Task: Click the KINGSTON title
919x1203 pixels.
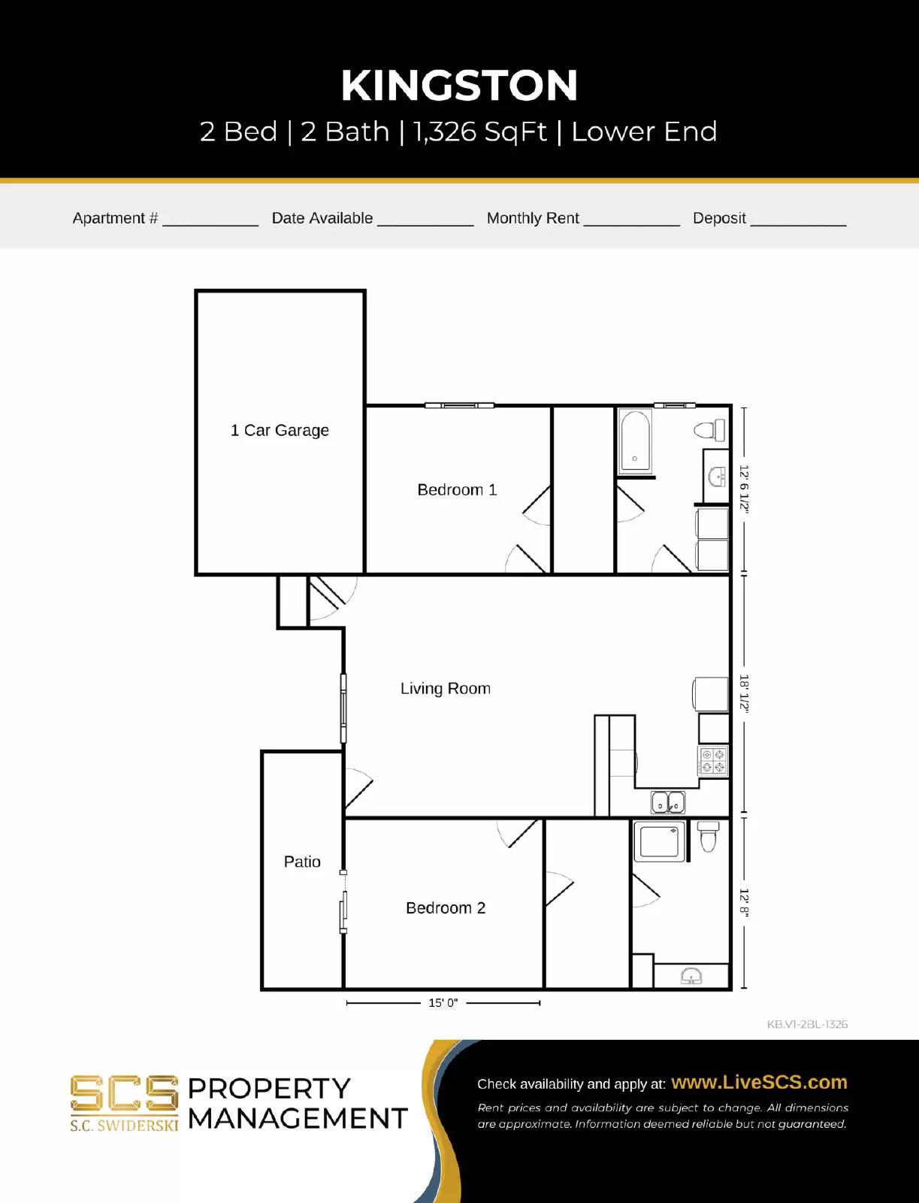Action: point(459,86)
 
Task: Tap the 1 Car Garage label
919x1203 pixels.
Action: point(280,430)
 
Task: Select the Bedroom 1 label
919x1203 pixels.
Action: point(457,490)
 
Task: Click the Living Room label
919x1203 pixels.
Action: point(445,689)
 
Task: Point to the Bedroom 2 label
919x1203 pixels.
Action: point(446,908)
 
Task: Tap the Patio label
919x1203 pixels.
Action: point(302,862)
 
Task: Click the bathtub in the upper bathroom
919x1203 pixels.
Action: point(636,441)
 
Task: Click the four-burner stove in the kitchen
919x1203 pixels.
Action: point(712,761)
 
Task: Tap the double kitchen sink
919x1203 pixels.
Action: point(668,802)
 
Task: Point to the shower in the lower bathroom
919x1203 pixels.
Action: point(660,841)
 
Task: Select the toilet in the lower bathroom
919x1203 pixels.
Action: point(709,836)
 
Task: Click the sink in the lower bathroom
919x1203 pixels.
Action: point(691,977)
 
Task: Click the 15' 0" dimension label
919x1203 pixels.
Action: point(443,1003)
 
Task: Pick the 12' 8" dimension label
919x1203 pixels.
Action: point(744,903)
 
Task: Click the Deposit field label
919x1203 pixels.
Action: point(719,218)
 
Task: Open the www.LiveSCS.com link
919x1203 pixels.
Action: point(759,1083)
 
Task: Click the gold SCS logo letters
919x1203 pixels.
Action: point(125,1094)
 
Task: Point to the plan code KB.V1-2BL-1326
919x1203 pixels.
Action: point(807,1024)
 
